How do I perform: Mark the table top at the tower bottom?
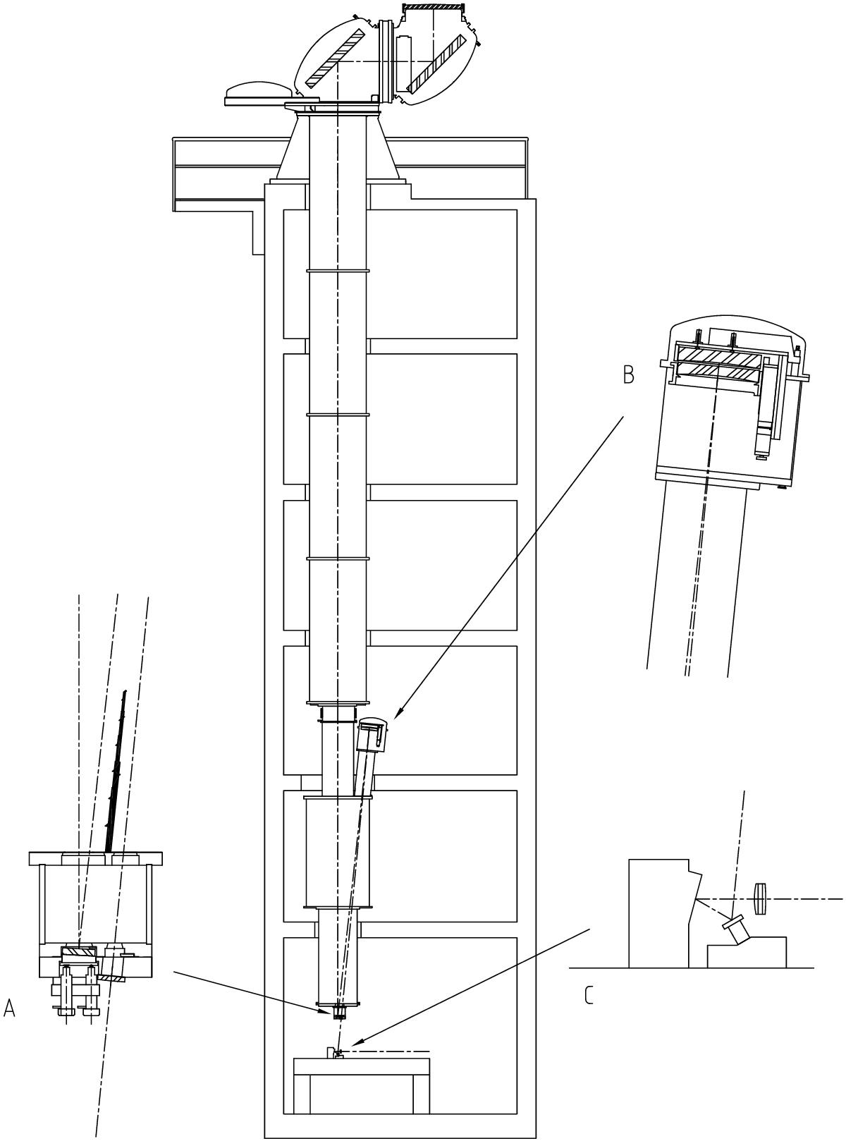click(x=361, y=1065)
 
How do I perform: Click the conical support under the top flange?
click(x=338, y=147)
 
